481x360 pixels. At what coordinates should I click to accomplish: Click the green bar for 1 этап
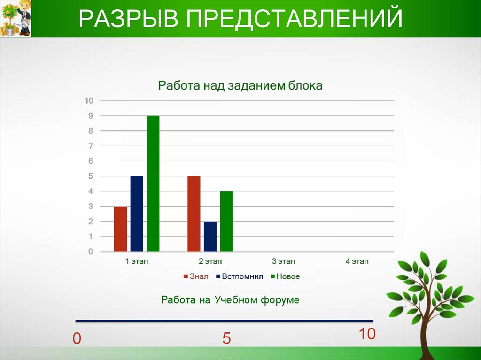tap(153, 184)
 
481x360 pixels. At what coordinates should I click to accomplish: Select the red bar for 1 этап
tap(120, 229)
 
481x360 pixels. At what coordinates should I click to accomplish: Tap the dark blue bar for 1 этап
tap(137, 214)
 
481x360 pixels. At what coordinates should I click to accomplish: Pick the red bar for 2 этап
tap(194, 214)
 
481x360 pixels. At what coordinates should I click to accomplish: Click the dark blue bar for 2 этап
tap(210, 237)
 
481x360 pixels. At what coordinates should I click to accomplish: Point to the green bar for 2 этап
tap(226, 222)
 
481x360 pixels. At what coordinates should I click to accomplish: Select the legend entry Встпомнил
tap(240, 276)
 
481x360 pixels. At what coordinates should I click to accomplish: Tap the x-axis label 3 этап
tap(284, 261)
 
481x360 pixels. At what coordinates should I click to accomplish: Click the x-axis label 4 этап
tap(357, 261)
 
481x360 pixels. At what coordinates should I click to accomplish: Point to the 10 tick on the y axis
tap(89, 100)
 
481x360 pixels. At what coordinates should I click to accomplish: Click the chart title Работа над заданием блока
tap(240, 86)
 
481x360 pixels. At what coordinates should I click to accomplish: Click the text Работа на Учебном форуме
tap(230, 300)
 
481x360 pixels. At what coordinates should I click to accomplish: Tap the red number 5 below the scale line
tap(227, 339)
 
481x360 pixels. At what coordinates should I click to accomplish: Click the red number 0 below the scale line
tap(77, 339)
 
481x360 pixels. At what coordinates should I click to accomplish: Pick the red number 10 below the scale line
tap(367, 334)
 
